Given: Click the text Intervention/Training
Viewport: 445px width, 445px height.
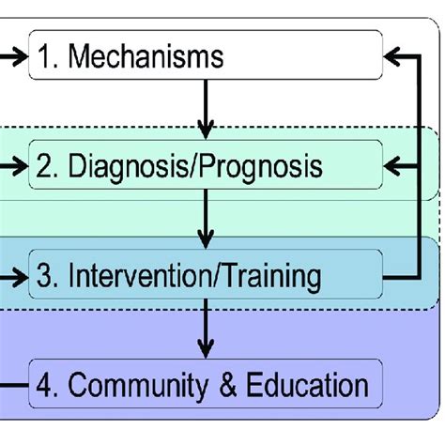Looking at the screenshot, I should [x=193, y=276].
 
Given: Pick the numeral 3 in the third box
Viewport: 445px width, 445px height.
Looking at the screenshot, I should [x=45, y=276].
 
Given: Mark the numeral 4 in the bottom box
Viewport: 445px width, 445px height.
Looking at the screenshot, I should [x=45, y=385].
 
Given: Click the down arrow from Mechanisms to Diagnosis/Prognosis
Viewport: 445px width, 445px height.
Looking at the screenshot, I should [x=207, y=110].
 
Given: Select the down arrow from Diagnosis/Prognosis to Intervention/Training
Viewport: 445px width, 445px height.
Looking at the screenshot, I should [x=207, y=221].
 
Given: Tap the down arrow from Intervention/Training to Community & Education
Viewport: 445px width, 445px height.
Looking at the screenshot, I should [x=207, y=330].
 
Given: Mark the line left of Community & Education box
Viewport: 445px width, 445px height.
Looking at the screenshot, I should [x=13, y=385].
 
